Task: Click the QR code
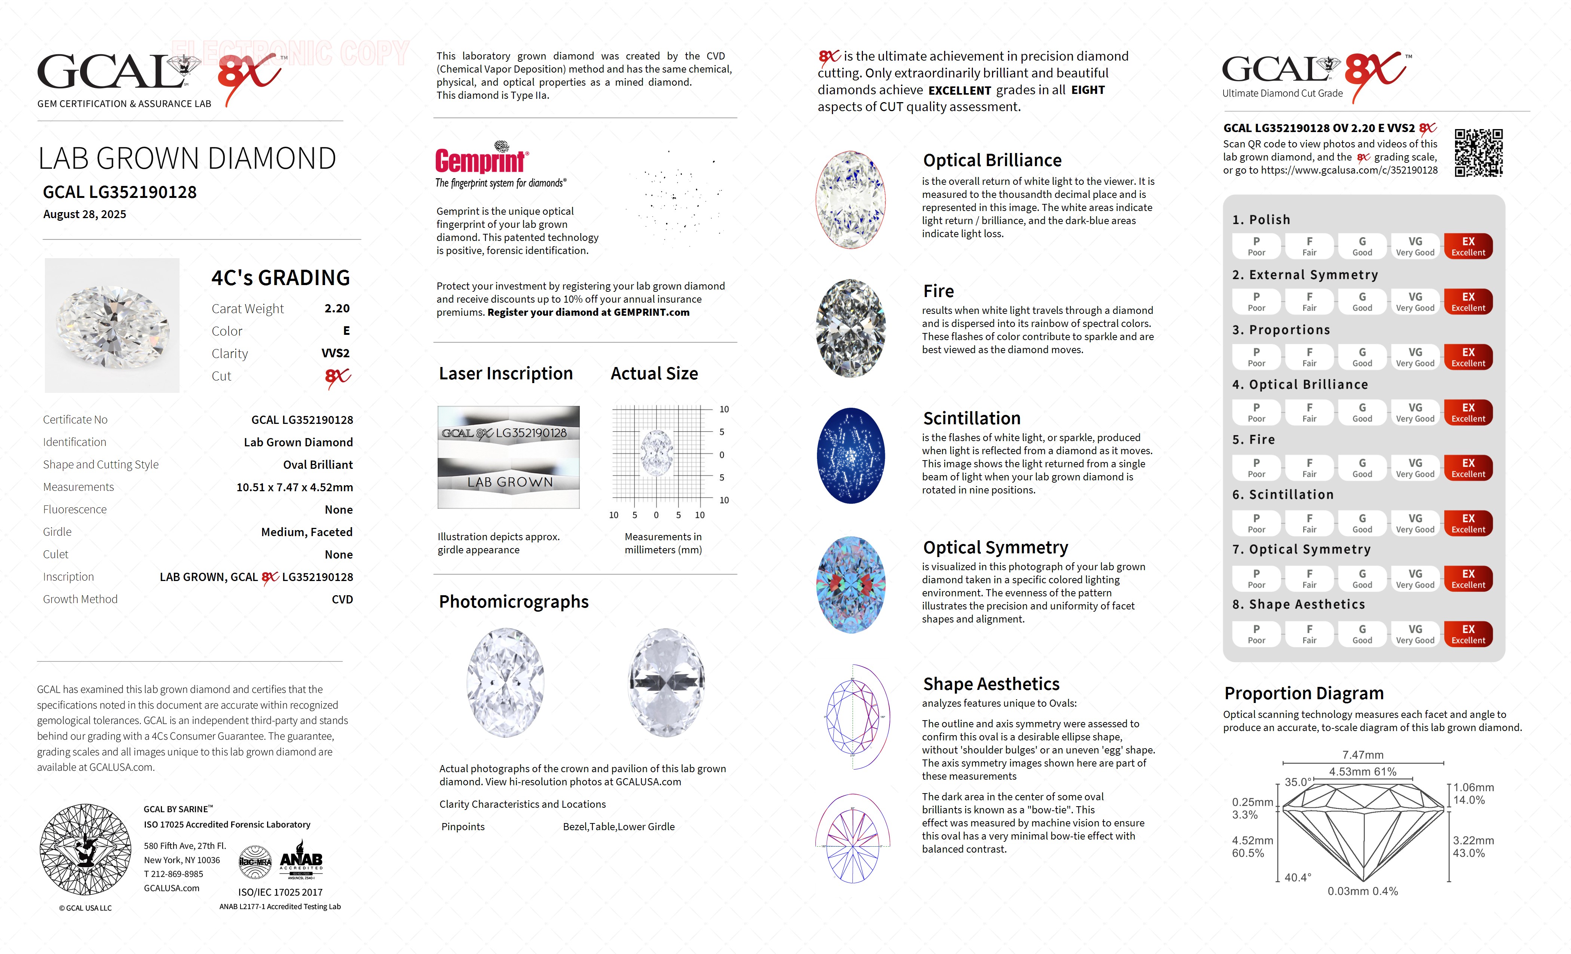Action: pos(1478,153)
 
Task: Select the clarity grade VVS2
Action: pos(336,353)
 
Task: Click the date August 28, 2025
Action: pos(85,214)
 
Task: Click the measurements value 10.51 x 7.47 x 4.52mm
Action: pos(295,487)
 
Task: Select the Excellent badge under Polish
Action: pos(1468,246)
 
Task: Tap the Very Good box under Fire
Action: pos(1415,468)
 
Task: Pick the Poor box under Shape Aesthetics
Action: pos(1256,634)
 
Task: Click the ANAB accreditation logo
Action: pos(301,862)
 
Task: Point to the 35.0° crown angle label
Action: pos(1298,782)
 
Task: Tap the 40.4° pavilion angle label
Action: pos(1298,877)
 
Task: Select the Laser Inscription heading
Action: pos(506,374)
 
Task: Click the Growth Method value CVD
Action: pos(342,599)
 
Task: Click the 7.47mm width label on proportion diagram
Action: pos(1363,755)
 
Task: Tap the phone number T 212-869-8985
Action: pos(174,874)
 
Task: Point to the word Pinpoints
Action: pos(463,827)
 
